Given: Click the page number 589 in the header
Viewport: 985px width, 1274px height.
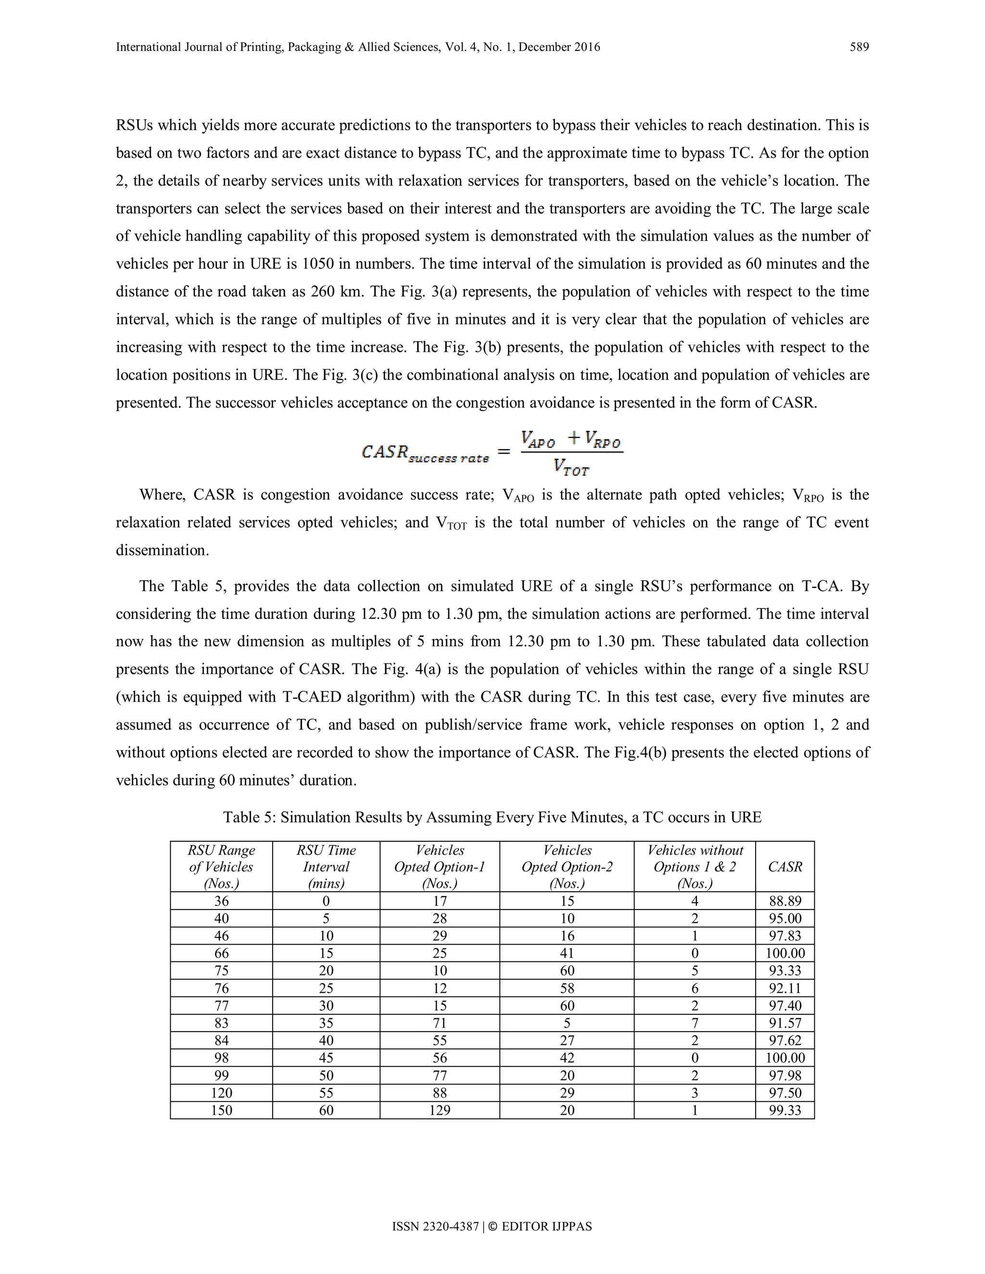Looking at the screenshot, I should pyautogui.click(x=859, y=47).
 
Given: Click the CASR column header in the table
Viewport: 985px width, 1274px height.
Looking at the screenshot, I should pyautogui.click(x=785, y=867).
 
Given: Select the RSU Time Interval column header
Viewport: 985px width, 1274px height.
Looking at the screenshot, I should pyautogui.click(x=326, y=867).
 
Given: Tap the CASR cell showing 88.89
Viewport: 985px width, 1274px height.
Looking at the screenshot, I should pyautogui.click(x=785, y=901).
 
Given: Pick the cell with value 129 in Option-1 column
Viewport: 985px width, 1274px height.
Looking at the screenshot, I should pyautogui.click(x=440, y=1110).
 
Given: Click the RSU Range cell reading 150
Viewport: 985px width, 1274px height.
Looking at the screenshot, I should pyautogui.click(x=221, y=1110).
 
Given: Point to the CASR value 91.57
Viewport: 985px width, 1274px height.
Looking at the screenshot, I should pyautogui.click(x=785, y=1023).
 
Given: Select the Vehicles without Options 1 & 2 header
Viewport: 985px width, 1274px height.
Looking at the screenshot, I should pyautogui.click(x=695, y=867).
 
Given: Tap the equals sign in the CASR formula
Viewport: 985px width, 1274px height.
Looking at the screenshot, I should pyautogui.click(x=503, y=452).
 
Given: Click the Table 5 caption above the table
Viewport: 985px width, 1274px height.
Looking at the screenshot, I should pyautogui.click(x=492, y=817).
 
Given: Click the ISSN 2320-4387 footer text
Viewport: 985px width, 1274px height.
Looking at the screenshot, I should pyautogui.click(x=435, y=1227).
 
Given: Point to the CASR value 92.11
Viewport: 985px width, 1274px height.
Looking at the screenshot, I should pyautogui.click(x=785, y=988).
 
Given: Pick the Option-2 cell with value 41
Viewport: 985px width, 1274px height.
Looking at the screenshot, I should pyautogui.click(x=567, y=953).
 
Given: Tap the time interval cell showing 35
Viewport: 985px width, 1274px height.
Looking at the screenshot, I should pyautogui.click(x=326, y=1023).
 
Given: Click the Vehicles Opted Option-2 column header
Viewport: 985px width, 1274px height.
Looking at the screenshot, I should pyautogui.click(x=567, y=867).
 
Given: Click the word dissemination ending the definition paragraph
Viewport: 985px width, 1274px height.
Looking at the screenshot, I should pyautogui.click(x=162, y=550).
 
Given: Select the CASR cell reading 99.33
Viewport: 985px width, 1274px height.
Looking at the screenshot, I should pyautogui.click(x=785, y=1110).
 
